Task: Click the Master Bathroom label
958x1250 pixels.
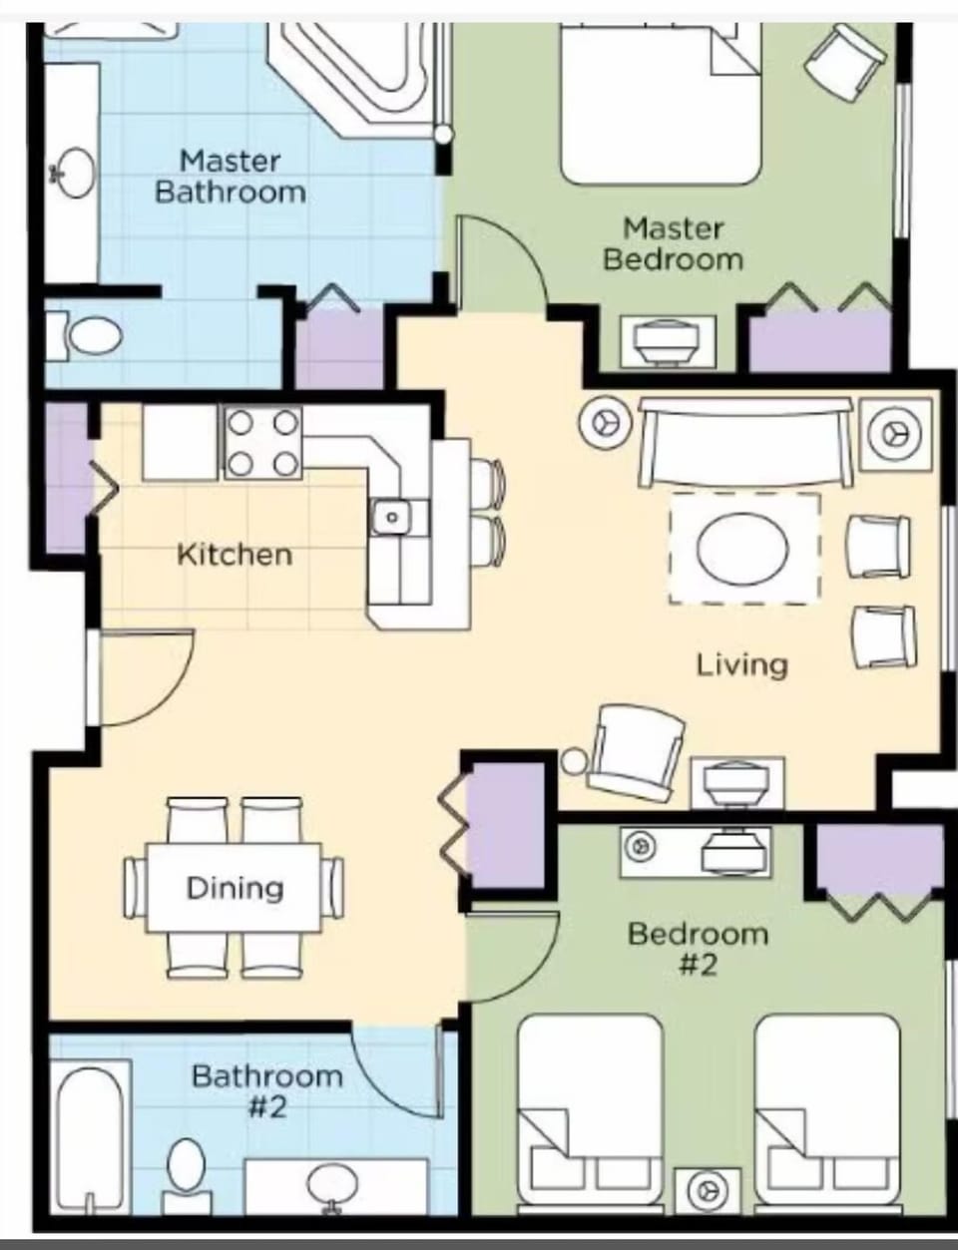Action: [x=231, y=177]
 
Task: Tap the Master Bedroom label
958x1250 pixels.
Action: [x=674, y=244]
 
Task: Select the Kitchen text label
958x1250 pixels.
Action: [x=235, y=555]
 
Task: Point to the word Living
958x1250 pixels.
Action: [x=741, y=664]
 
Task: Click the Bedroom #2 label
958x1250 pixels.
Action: [x=698, y=949]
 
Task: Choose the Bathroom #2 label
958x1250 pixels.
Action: [x=266, y=1091]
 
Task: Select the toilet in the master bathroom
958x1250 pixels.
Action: [x=85, y=335]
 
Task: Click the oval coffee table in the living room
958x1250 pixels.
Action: [x=743, y=548]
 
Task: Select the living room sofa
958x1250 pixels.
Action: [x=745, y=442]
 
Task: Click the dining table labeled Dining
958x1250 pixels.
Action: [x=235, y=887]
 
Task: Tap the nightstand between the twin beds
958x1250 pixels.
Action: [x=708, y=1190]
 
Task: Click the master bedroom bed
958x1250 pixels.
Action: [x=659, y=105]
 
